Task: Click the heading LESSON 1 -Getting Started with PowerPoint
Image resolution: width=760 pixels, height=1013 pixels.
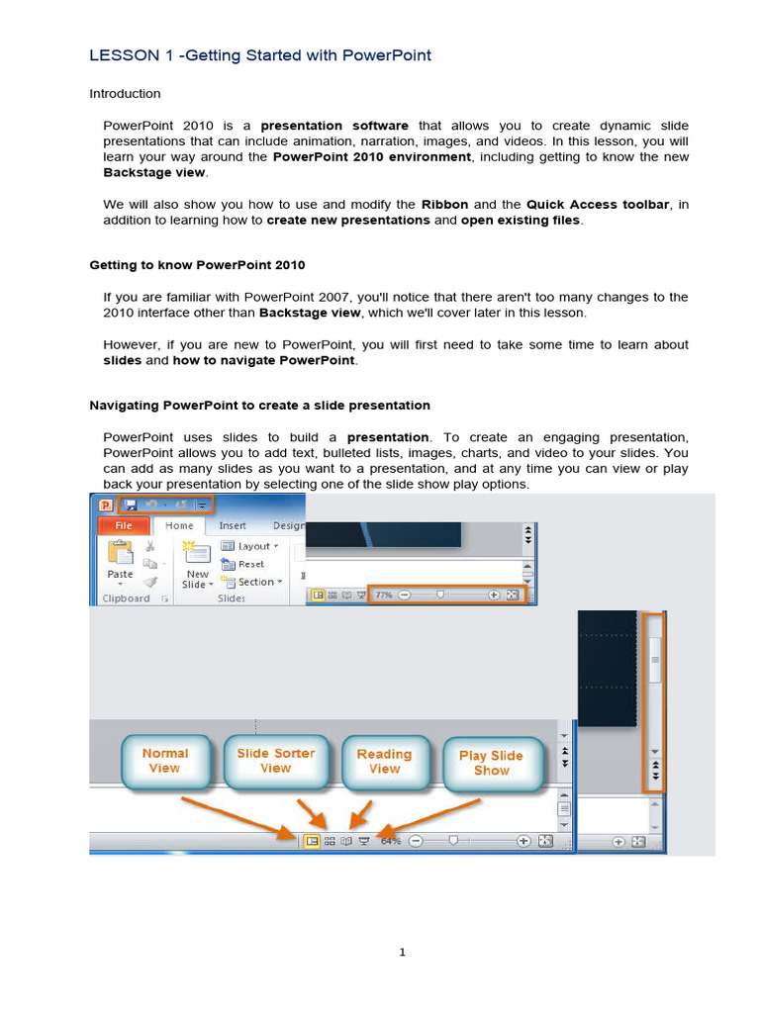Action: tap(260, 55)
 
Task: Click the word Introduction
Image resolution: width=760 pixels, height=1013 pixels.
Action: tap(125, 94)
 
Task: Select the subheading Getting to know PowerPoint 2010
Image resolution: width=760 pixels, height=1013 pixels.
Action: tap(197, 265)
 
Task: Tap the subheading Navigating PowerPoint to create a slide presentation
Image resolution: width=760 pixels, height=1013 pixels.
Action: tap(259, 405)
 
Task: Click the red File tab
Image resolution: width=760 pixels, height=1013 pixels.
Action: tap(123, 525)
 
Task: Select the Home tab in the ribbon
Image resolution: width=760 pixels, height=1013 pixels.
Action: tap(179, 525)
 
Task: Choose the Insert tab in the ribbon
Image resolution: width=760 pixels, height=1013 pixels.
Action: tap(233, 525)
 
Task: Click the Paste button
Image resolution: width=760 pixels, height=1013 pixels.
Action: tap(120, 562)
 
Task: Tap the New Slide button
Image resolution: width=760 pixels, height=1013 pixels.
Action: tap(198, 566)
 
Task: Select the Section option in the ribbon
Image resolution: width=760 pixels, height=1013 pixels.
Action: tap(254, 582)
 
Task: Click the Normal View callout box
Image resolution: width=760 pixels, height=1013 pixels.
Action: tap(164, 760)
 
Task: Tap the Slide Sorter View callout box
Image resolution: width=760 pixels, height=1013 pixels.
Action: tap(275, 760)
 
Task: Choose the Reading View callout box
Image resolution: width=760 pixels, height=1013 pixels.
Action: tap(385, 760)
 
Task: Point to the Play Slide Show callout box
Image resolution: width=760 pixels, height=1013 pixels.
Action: tap(492, 762)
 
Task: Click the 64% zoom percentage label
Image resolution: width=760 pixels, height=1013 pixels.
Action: tap(391, 841)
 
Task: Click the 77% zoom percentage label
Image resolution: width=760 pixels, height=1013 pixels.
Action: tap(383, 596)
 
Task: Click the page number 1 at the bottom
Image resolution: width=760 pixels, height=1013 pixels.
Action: tap(403, 953)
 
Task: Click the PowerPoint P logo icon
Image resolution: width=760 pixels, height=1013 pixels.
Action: tap(105, 504)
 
